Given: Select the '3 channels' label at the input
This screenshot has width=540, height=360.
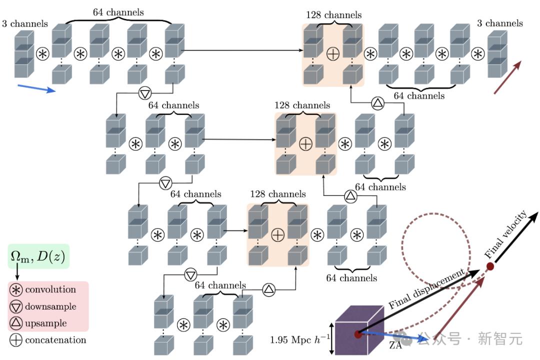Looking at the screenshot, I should pyautogui.click(x=24, y=23).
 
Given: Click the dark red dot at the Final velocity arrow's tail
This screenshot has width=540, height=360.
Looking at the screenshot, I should pyautogui.click(x=490, y=267).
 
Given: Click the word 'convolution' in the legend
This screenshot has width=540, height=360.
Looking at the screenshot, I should pyautogui.click(x=50, y=290).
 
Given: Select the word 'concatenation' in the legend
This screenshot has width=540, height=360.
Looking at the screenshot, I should pyautogui.click(x=55, y=340).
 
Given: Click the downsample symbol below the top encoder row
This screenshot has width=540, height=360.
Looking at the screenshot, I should pyautogui.click(x=145, y=92).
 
